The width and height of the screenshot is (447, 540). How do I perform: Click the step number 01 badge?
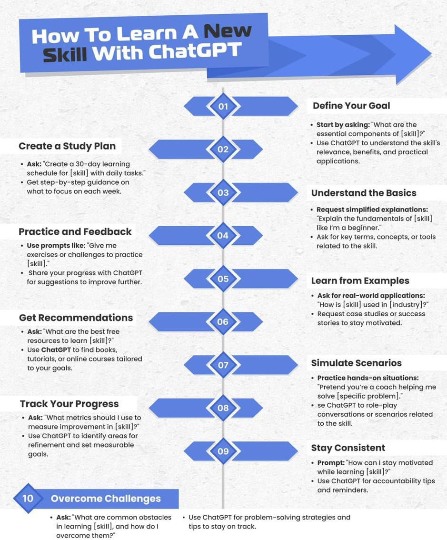coord(223,106)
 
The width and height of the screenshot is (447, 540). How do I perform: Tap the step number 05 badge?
coord(223,279)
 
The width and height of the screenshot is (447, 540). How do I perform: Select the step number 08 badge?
coord(223,408)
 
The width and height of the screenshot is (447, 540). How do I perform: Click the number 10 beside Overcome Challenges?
coord(28,498)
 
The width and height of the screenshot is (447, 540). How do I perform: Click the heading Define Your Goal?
coord(351,106)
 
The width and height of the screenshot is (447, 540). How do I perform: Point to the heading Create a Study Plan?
coord(67,146)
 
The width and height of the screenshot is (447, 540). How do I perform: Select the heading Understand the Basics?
coord(364,193)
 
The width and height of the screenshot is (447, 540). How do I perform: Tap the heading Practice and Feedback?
coord(75,232)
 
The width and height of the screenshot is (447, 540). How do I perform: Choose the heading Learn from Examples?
coord(360,281)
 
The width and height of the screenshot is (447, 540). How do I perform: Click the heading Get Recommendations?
coord(76,318)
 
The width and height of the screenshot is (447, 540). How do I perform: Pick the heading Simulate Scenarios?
coord(357,363)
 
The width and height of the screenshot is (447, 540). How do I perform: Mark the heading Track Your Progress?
coord(69,404)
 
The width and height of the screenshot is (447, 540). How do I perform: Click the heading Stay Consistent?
coord(348,448)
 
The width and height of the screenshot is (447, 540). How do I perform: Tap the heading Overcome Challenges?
coord(106,499)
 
